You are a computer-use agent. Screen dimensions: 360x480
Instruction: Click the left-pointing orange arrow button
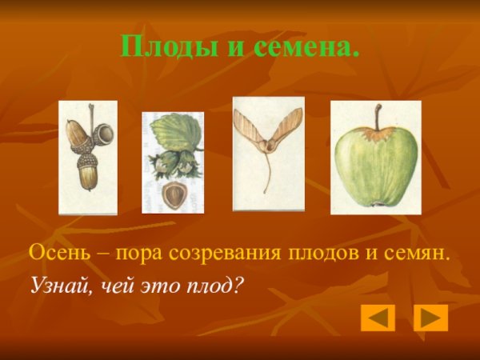tap(378, 318)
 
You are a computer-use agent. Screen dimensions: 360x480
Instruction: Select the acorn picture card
tap(88, 157)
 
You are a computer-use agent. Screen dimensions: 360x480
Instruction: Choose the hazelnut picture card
tap(172, 162)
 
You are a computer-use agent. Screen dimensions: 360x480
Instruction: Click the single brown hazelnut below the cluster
tap(174, 194)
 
